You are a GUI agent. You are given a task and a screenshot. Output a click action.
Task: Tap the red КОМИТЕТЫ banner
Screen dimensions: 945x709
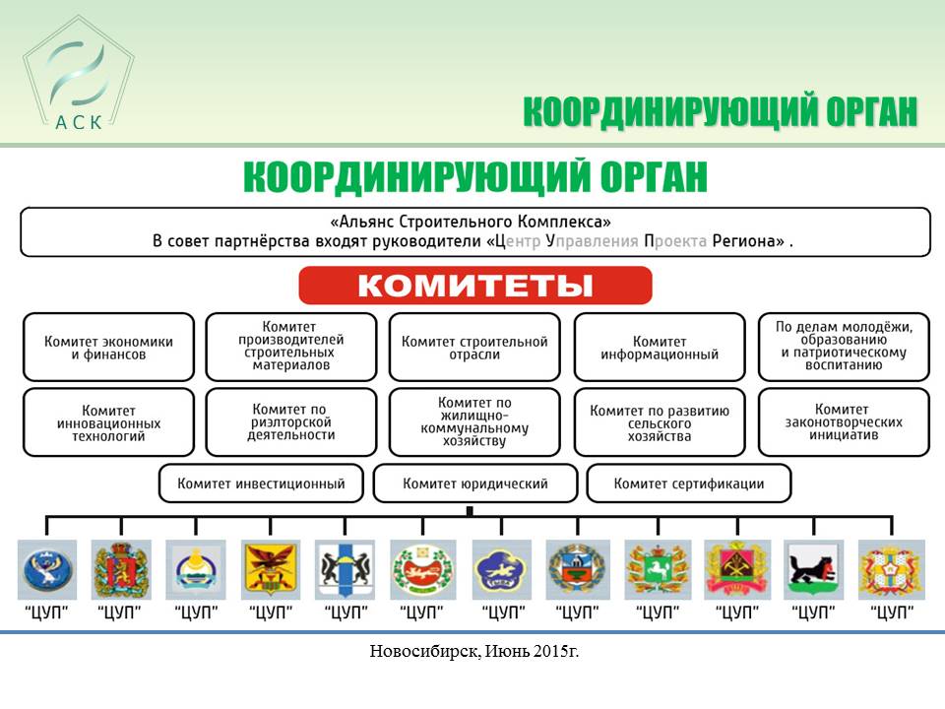tap(474, 286)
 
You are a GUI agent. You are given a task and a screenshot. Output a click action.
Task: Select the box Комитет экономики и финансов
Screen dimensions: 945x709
tap(108, 348)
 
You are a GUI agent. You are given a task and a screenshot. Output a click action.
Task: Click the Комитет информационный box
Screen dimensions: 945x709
tap(660, 348)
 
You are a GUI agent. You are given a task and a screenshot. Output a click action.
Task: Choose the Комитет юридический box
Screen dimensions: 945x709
tap(474, 483)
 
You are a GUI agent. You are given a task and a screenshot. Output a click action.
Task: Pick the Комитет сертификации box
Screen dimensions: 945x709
tap(688, 483)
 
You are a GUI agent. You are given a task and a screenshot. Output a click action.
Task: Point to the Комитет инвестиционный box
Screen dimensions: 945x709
tap(261, 483)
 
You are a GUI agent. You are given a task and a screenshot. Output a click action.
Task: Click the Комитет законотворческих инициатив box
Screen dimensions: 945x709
tap(844, 422)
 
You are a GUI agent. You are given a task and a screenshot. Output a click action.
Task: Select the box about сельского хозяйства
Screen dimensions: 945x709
tap(660, 422)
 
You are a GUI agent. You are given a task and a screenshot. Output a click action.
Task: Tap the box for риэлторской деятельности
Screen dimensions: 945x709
tap(291, 422)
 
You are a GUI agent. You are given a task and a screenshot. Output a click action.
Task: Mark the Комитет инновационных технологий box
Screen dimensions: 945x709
tap(108, 422)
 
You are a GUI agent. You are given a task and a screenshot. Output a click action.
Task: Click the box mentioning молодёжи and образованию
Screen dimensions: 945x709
tap(844, 348)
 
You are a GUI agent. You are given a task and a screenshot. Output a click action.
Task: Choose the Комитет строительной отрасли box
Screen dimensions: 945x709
tap(474, 348)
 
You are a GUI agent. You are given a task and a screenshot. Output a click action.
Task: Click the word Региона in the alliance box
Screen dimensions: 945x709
tap(748, 241)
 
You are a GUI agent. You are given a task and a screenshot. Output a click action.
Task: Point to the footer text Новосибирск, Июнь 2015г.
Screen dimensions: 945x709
tap(474, 651)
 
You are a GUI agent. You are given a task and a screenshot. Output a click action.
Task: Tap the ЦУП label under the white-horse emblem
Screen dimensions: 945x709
tap(658, 612)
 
